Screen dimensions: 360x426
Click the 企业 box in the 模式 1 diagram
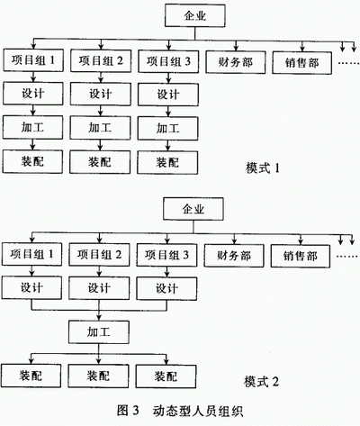(195, 15)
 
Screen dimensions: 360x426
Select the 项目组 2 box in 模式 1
(101, 61)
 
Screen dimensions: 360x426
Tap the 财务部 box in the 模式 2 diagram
(234, 256)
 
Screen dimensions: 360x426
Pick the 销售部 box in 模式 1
(302, 63)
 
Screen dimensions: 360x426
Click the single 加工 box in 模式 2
(99, 332)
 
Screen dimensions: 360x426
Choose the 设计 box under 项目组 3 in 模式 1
(168, 95)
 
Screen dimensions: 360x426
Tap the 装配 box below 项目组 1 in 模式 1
(32, 162)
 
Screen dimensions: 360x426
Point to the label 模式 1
(263, 168)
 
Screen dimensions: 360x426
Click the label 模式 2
(261, 382)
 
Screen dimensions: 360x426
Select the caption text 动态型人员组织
(197, 411)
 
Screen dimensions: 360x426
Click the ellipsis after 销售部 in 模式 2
(347, 257)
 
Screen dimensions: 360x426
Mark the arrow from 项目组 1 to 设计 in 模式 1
(33, 77)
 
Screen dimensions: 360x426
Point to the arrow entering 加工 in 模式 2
(99, 315)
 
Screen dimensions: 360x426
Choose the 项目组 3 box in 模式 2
(166, 255)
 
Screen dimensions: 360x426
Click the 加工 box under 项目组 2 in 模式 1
(100, 128)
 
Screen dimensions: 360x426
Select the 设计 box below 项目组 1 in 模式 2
(31, 288)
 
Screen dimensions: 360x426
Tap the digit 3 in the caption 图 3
(135, 410)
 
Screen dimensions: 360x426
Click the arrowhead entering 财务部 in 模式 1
(236, 48)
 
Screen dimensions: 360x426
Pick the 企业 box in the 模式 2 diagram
(193, 209)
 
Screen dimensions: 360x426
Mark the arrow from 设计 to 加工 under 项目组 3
(168, 112)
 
